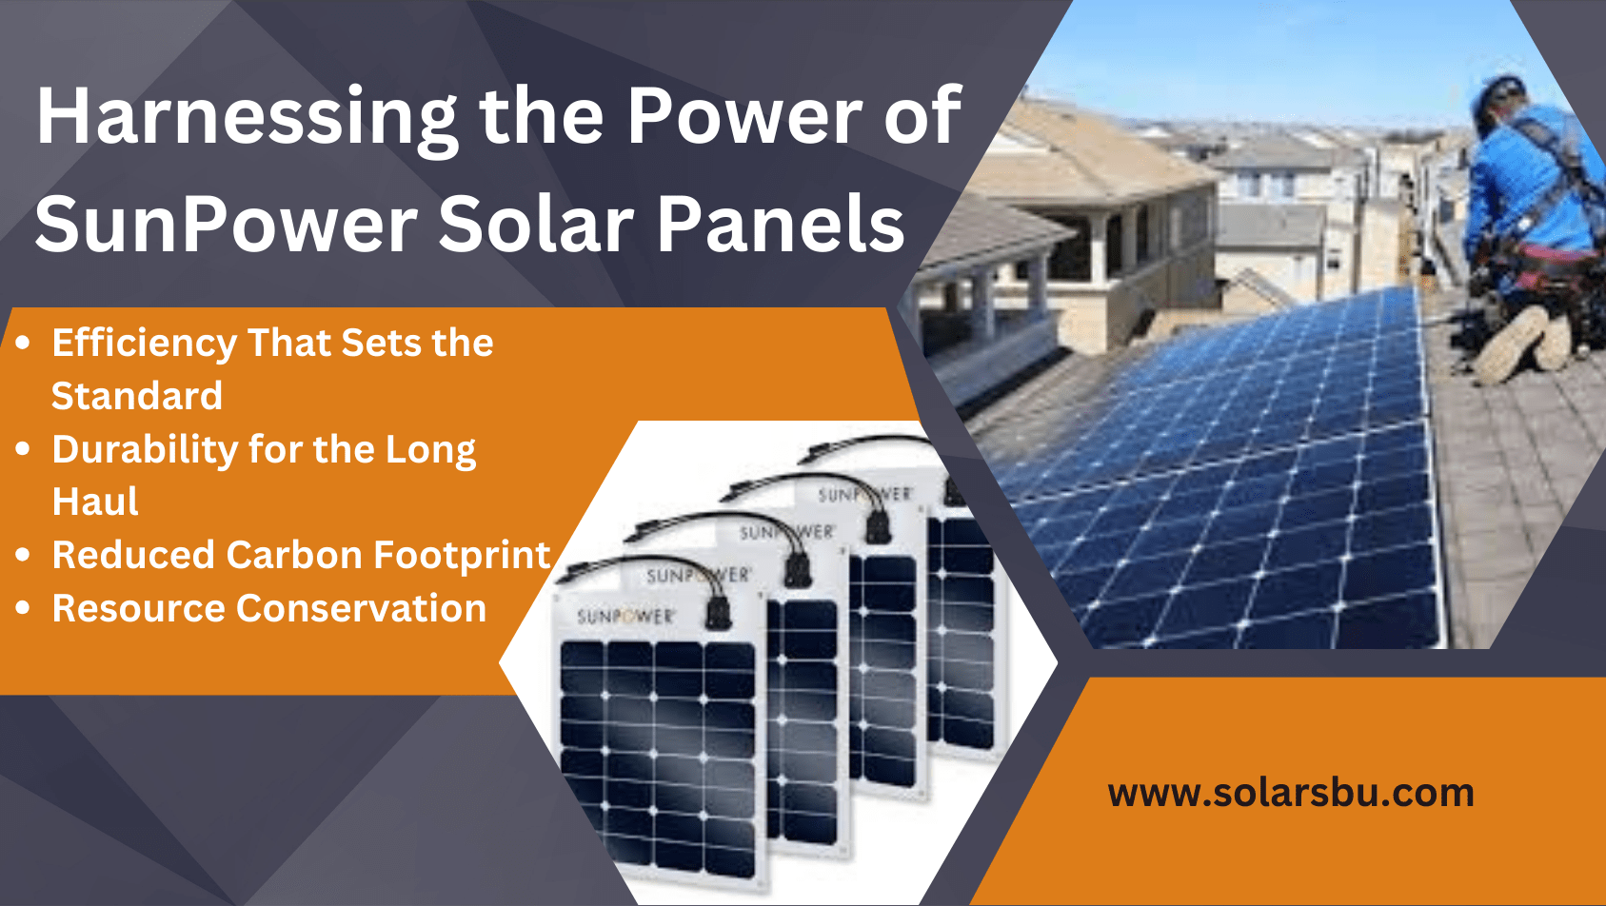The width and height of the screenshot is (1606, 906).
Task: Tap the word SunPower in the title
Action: pyautogui.click(x=226, y=225)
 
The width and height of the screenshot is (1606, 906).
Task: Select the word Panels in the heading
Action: pyautogui.click(x=781, y=225)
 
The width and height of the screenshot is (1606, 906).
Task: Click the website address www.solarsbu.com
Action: pyautogui.click(x=1291, y=793)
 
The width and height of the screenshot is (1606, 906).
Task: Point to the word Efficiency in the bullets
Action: pyautogui.click(x=144, y=344)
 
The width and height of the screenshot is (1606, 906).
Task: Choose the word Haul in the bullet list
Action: pyautogui.click(x=95, y=502)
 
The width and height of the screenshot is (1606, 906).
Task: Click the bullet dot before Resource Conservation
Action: pyautogui.click(x=24, y=607)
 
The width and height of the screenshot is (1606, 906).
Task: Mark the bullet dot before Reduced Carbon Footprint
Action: pyautogui.click(x=24, y=554)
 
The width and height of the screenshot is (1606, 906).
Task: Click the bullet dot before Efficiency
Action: pyautogui.click(x=24, y=342)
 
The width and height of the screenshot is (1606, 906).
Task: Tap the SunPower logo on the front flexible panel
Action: pyautogui.click(x=625, y=617)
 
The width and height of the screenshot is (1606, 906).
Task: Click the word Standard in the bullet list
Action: pyautogui.click(x=137, y=396)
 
